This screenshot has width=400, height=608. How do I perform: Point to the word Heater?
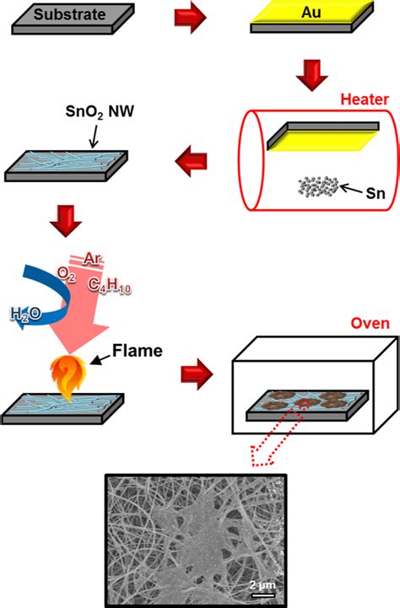(x=364, y=99)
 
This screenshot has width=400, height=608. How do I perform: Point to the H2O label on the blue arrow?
(x=24, y=315)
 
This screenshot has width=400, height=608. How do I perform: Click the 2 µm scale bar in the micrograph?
(x=265, y=586)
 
